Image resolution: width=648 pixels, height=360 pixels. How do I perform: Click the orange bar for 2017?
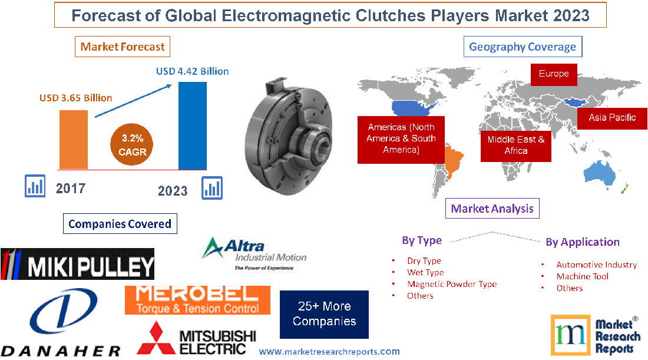click(x=74, y=139)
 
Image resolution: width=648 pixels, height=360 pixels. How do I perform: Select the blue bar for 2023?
click(x=193, y=125)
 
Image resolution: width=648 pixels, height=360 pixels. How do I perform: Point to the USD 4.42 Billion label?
click(x=192, y=71)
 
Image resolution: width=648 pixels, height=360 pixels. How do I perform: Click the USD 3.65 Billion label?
click(x=75, y=98)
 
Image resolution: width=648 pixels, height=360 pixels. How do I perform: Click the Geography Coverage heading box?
click(x=522, y=47)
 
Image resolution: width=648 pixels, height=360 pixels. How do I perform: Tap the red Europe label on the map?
click(x=554, y=74)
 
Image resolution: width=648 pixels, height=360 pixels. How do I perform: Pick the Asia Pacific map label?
click(x=612, y=117)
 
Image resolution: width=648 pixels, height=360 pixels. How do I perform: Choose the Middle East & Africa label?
click(x=516, y=145)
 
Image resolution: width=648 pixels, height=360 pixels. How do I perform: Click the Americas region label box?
click(x=401, y=139)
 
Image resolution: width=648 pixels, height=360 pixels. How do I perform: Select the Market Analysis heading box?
click(x=492, y=208)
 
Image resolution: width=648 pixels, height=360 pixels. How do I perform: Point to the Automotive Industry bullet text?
click(x=597, y=265)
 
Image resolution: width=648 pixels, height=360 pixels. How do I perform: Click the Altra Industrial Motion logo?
click(x=253, y=254)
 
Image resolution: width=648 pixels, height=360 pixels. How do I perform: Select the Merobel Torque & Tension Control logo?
click(x=197, y=300)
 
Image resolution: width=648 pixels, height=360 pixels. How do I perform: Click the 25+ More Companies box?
click(x=324, y=314)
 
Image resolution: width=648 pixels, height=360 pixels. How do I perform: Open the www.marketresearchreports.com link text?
click(x=329, y=352)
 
